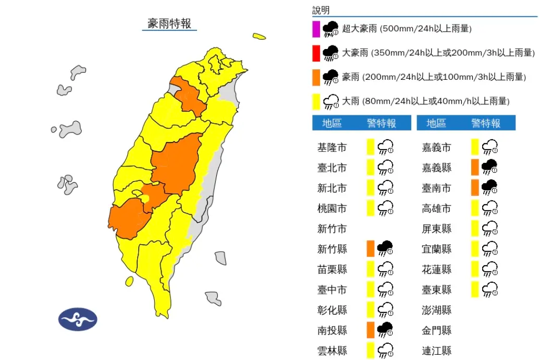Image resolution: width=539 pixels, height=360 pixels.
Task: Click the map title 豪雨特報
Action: pyautogui.click(x=169, y=23)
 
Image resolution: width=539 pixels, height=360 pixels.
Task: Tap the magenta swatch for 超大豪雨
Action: pyautogui.click(x=316, y=28)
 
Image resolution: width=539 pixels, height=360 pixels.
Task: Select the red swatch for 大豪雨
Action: pyautogui.click(x=316, y=53)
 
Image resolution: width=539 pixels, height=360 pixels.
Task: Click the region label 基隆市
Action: pyautogui.click(x=332, y=148)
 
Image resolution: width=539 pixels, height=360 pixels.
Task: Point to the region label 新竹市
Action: pyautogui.click(x=332, y=229)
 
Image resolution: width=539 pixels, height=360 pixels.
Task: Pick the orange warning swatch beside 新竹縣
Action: pyautogui.click(x=371, y=249)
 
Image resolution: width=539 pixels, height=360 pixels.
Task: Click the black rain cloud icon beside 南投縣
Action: pyautogui.click(x=385, y=330)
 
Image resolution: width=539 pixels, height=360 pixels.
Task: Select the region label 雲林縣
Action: pyautogui.click(x=332, y=351)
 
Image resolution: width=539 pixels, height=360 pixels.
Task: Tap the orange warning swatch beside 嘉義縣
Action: pyautogui.click(x=475, y=167)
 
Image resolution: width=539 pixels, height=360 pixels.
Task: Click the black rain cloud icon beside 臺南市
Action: pyautogui.click(x=489, y=188)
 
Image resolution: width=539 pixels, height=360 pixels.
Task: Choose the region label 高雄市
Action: pyautogui.click(x=436, y=209)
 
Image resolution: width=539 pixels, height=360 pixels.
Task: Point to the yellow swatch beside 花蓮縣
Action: pyautogui.click(x=475, y=269)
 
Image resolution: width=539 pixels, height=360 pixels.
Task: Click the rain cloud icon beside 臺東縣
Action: pyautogui.click(x=489, y=290)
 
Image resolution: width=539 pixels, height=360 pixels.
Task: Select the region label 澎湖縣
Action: pyautogui.click(x=436, y=310)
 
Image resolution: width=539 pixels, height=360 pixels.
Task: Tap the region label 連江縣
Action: pyautogui.click(x=436, y=351)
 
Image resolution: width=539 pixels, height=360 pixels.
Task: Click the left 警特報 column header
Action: pyautogui.click(x=381, y=123)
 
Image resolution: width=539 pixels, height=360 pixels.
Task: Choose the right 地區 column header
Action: pyautogui.click(x=436, y=123)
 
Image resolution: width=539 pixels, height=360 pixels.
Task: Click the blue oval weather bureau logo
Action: pyautogui.click(x=78, y=319)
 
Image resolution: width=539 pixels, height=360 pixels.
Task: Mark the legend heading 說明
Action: pyautogui.click(x=321, y=10)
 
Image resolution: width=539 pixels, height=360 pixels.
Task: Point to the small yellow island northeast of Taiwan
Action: pyautogui.click(x=259, y=36)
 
